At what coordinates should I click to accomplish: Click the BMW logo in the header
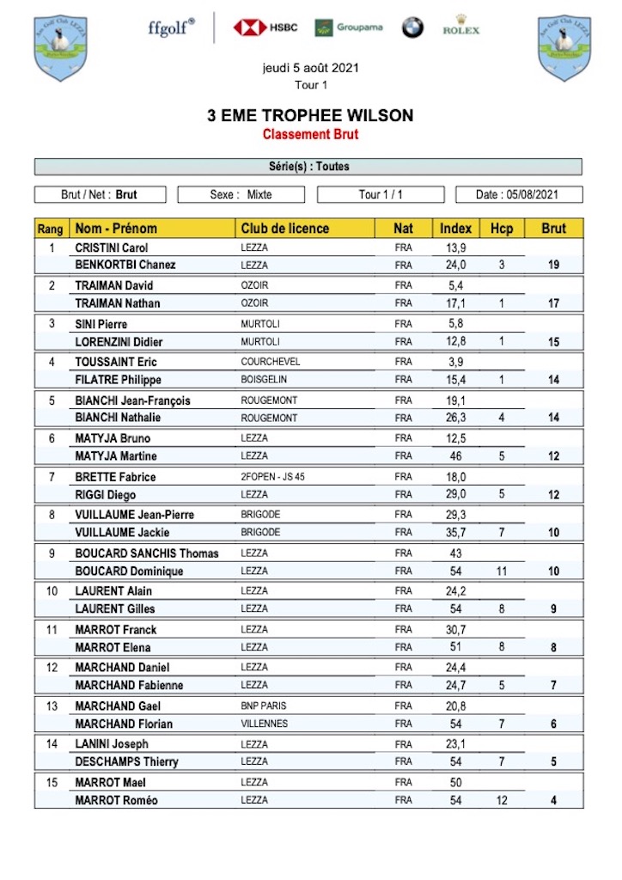[x=412, y=27]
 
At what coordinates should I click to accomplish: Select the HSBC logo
[x=265, y=27]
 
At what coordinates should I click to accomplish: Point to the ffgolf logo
[x=171, y=27]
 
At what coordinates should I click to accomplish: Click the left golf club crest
[x=60, y=47]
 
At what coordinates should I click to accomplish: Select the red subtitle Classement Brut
[x=310, y=134]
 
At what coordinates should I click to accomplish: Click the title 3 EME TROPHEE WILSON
[x=310, y=115]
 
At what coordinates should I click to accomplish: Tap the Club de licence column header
[x=285, y=229]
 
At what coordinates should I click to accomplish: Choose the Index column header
[x=455, y=229]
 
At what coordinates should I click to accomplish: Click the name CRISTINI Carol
[x=112, y=247]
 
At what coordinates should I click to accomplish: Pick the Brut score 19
[x=554, y=266]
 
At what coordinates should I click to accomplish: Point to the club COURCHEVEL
[x=271, y=362]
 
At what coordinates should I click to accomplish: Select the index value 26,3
[x=456, y=418]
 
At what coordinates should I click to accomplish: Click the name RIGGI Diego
[x=106, y=494]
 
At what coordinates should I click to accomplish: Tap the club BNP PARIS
[x=265, y=706]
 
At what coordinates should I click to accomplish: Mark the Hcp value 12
[x=502, y=801]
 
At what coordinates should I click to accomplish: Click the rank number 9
[x=51, y=553]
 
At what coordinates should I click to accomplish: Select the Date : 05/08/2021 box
[x=519, y=194]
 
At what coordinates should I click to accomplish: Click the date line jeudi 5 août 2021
[x=310, y=68]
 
